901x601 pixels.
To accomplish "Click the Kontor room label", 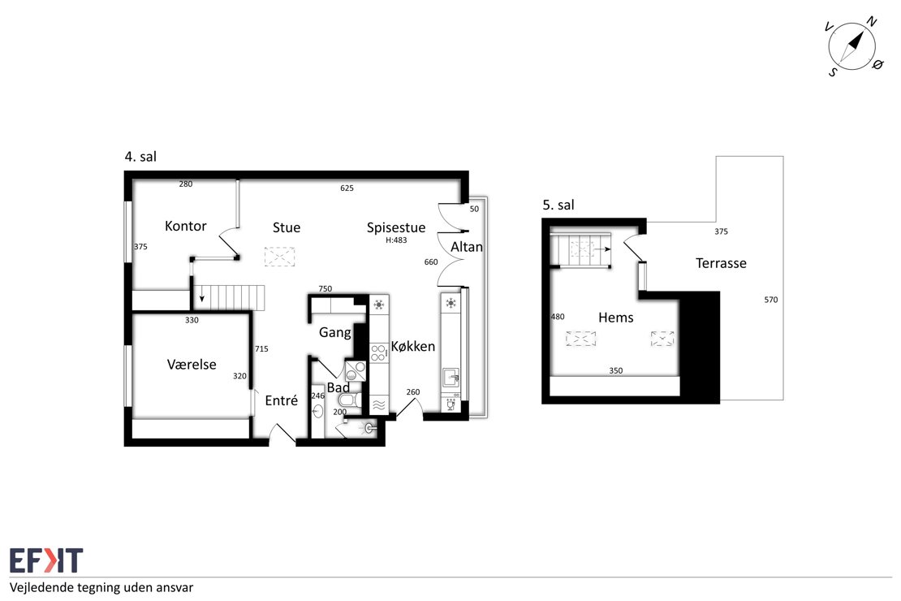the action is [x=185, y=226].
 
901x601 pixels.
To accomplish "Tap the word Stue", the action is [x=287, y=227].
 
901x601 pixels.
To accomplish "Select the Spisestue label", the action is [x=396, y=227].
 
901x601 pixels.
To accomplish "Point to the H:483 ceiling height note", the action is [x=396, y=240].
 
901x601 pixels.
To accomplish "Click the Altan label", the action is [x=467, y=247].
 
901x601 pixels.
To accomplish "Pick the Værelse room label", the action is [x=192, y=365].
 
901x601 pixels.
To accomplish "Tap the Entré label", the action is [x=281, y=400].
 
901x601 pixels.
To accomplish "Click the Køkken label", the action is [x=412, y=346].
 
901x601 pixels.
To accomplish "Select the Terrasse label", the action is [x=721, y=263].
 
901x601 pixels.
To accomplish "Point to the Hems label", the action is [x=615, y=318].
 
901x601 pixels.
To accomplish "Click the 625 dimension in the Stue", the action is [x=347, y=188].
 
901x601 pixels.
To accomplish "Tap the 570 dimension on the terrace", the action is [x=770, y=300].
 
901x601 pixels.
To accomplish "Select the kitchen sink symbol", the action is [x=451, y=378].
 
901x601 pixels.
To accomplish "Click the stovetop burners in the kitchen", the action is [x=378, y=352].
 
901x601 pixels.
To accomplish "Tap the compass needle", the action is [x=851, y=46].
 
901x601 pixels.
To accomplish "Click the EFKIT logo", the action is [x=46, y=560].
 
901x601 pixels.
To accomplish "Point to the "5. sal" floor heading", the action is [x=558, y=205].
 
